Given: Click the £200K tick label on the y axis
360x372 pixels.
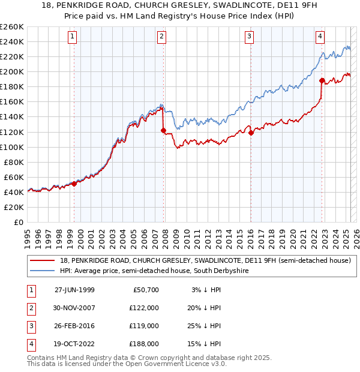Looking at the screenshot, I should (12, 71).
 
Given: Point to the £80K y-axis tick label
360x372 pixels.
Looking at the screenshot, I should (14, 162).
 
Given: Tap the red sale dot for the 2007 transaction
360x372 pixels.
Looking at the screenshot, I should (163, 130).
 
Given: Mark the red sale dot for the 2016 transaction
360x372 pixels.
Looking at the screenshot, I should (251, 133).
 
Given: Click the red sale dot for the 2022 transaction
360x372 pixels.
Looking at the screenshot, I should (322, 80).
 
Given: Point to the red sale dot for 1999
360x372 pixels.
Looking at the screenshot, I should (74, 184).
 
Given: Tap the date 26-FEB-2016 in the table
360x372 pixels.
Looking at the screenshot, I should (74, 326).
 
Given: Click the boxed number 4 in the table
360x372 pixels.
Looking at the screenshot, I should (30, 344).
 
